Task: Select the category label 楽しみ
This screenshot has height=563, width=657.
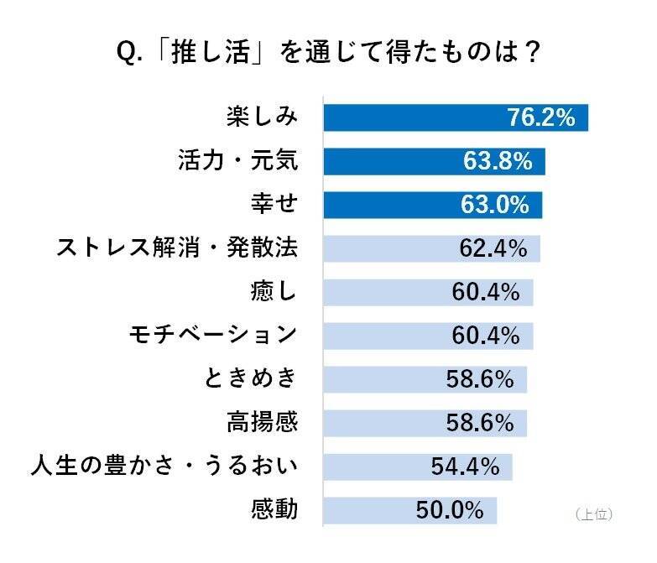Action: tap(262, 117)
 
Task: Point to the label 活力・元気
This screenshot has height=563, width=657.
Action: tap(238, 161)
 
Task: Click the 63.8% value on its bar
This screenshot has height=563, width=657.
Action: tap(498, 161)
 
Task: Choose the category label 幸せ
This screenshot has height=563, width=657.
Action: tap(274, 205)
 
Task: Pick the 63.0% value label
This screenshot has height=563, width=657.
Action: tap(495, 205)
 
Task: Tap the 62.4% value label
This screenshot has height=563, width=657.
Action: tap(493, 249)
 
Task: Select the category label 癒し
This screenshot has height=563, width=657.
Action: tap(274, 292)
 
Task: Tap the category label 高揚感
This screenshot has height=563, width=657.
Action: tap(262, 422)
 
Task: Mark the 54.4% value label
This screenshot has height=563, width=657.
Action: tap(465, 466)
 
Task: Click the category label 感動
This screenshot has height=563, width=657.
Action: tap(274, 509)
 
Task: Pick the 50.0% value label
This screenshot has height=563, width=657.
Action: tap(450, 509)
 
